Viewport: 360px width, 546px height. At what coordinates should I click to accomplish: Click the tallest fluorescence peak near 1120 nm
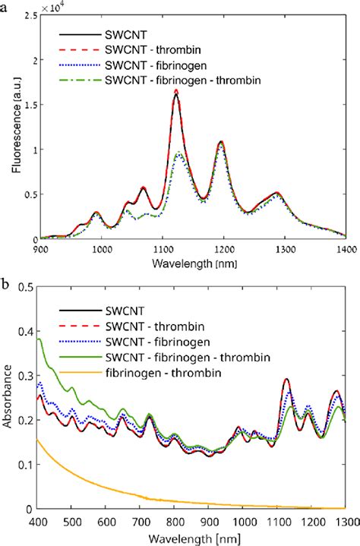point(176,91)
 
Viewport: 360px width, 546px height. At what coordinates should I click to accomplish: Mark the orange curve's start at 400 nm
point(39,439)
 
